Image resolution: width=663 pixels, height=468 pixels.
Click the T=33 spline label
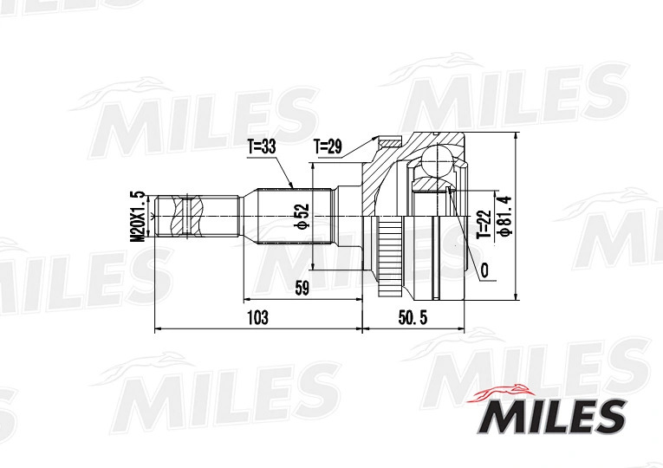click(x=262, y=147)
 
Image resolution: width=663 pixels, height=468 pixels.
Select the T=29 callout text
click(x=328, y=146)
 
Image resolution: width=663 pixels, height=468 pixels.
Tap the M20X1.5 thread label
click(x=138, y=217)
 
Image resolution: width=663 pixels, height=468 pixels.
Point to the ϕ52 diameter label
click(x=302, y=217)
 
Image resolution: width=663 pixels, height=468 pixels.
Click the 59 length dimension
click(x=302, y=289)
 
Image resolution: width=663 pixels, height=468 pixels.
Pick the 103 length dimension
click(x=257, y=317)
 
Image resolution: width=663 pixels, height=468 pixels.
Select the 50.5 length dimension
click(x=413, y=317)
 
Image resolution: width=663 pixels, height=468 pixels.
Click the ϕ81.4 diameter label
click(x=505, y=215)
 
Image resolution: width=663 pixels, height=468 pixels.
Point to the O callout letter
click(x=484, y=270)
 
